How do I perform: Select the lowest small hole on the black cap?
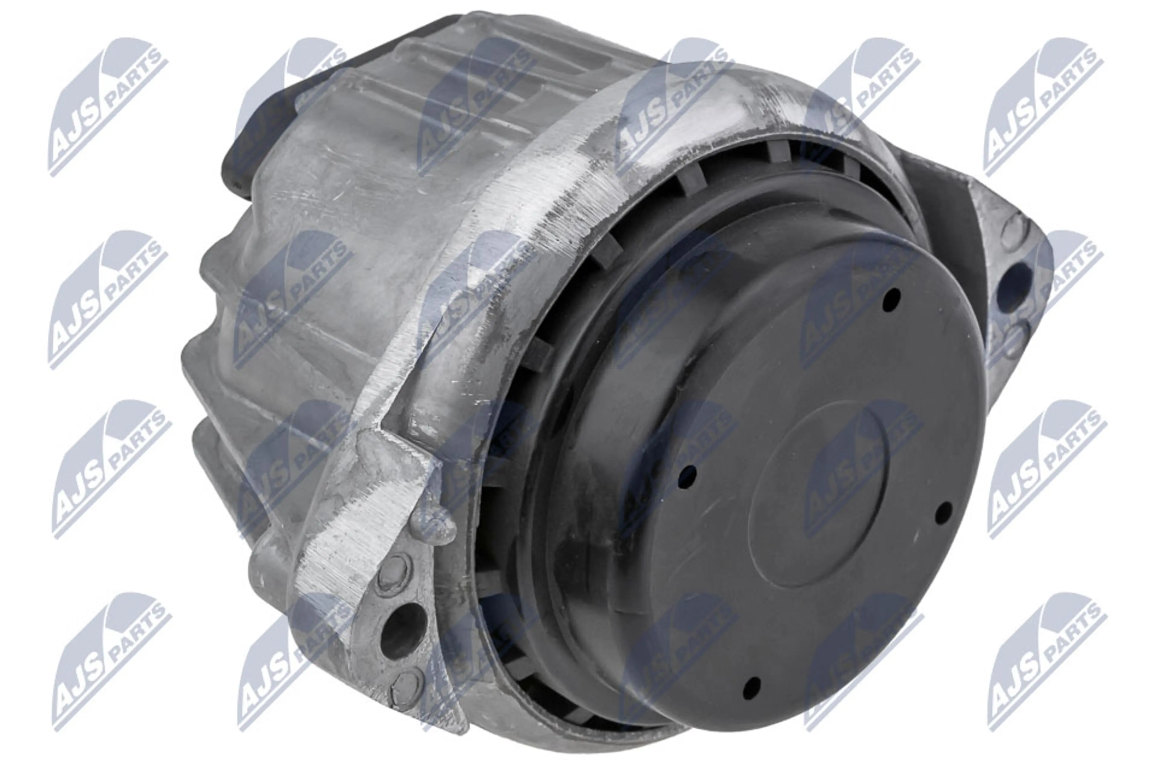[751, 687]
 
